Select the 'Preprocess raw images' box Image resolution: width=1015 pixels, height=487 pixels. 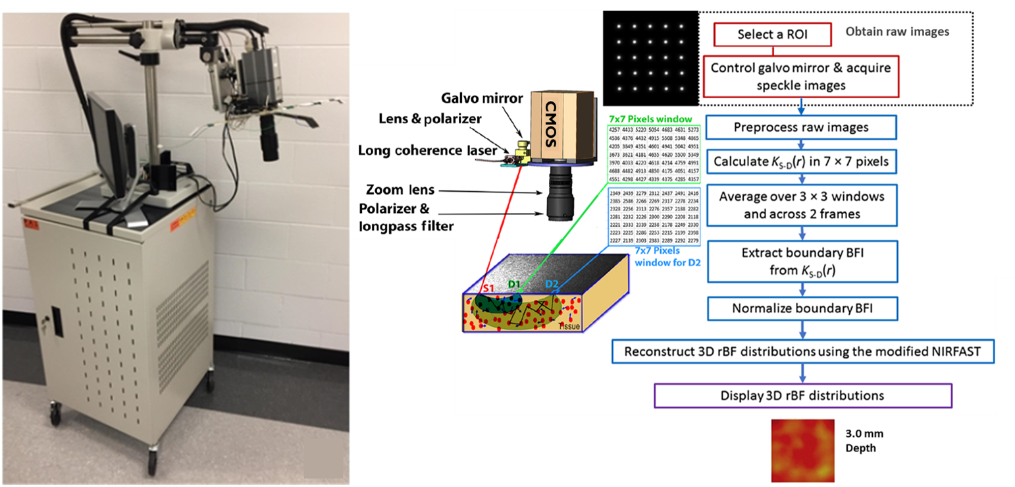point(801,127)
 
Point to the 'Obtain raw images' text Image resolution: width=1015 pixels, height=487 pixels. point(897,32)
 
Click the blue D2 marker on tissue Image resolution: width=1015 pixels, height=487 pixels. point(552,285)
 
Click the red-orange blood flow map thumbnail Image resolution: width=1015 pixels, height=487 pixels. point(802,451)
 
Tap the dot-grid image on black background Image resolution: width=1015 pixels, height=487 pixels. point(650,57)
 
